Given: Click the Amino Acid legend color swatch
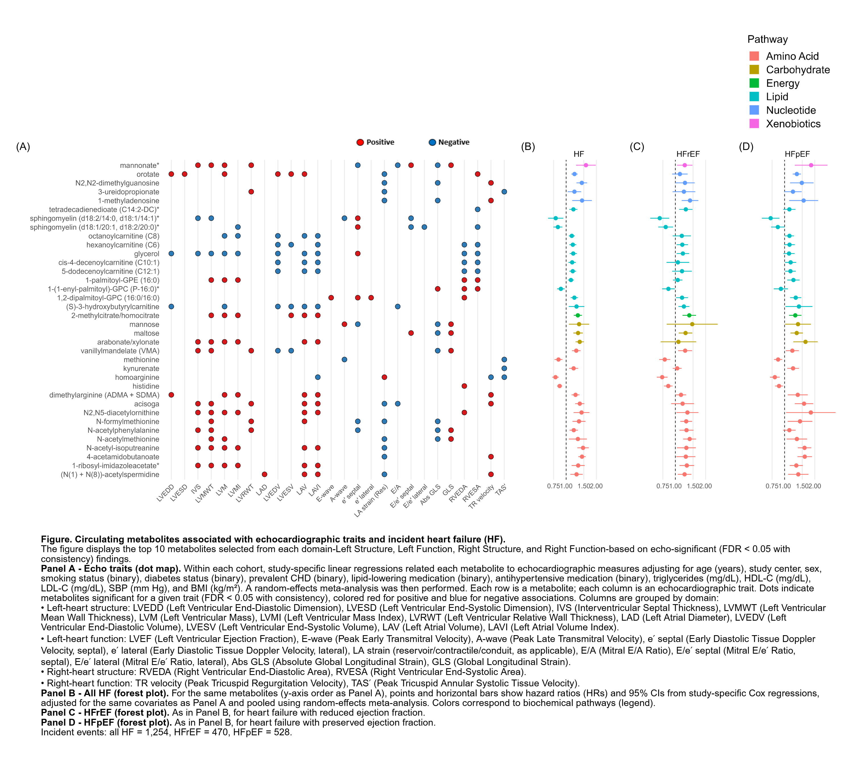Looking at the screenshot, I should (x=754, y=56).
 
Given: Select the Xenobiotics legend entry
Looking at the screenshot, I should (x=793, y=124).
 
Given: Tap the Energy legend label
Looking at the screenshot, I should (x=782, y=83).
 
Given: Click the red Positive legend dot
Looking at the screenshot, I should (x=360, y=142).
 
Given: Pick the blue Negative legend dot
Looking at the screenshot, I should (x=432, y=142).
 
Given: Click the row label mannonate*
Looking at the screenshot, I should (x=140, y=166).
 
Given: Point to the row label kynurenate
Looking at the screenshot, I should (x=141, y=368).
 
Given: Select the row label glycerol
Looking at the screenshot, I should (x=147, y=254).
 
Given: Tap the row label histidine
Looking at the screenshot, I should (x=146, y=386).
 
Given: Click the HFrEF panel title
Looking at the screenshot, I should (x=688, y=154).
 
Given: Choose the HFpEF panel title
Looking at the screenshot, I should (x=797, y=154).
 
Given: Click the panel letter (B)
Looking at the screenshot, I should (x=528, y=146).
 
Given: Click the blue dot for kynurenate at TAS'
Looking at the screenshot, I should (x=504, y=368).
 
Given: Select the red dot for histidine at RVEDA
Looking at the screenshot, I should (x=464, y=386).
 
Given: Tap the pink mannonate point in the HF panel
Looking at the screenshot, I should (x=585, y=165).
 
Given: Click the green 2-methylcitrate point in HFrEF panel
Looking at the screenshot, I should (x=689, y=315).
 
